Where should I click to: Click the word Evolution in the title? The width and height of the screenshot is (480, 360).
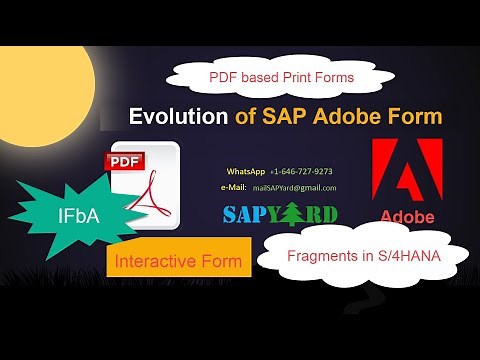[179, 117]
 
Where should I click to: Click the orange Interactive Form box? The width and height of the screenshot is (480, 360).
[179, 261]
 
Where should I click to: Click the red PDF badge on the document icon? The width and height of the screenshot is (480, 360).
[125, 160]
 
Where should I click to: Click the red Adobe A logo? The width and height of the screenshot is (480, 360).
[406, 170]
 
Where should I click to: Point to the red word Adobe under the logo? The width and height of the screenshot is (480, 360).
[406, 216]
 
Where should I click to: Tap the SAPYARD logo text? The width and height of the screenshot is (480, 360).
[280, 214]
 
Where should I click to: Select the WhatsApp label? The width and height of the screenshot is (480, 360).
[246, 171]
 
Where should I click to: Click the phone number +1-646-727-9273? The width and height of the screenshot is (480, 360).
[301, 171]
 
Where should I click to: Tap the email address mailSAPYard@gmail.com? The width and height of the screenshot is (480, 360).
[294, 188]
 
